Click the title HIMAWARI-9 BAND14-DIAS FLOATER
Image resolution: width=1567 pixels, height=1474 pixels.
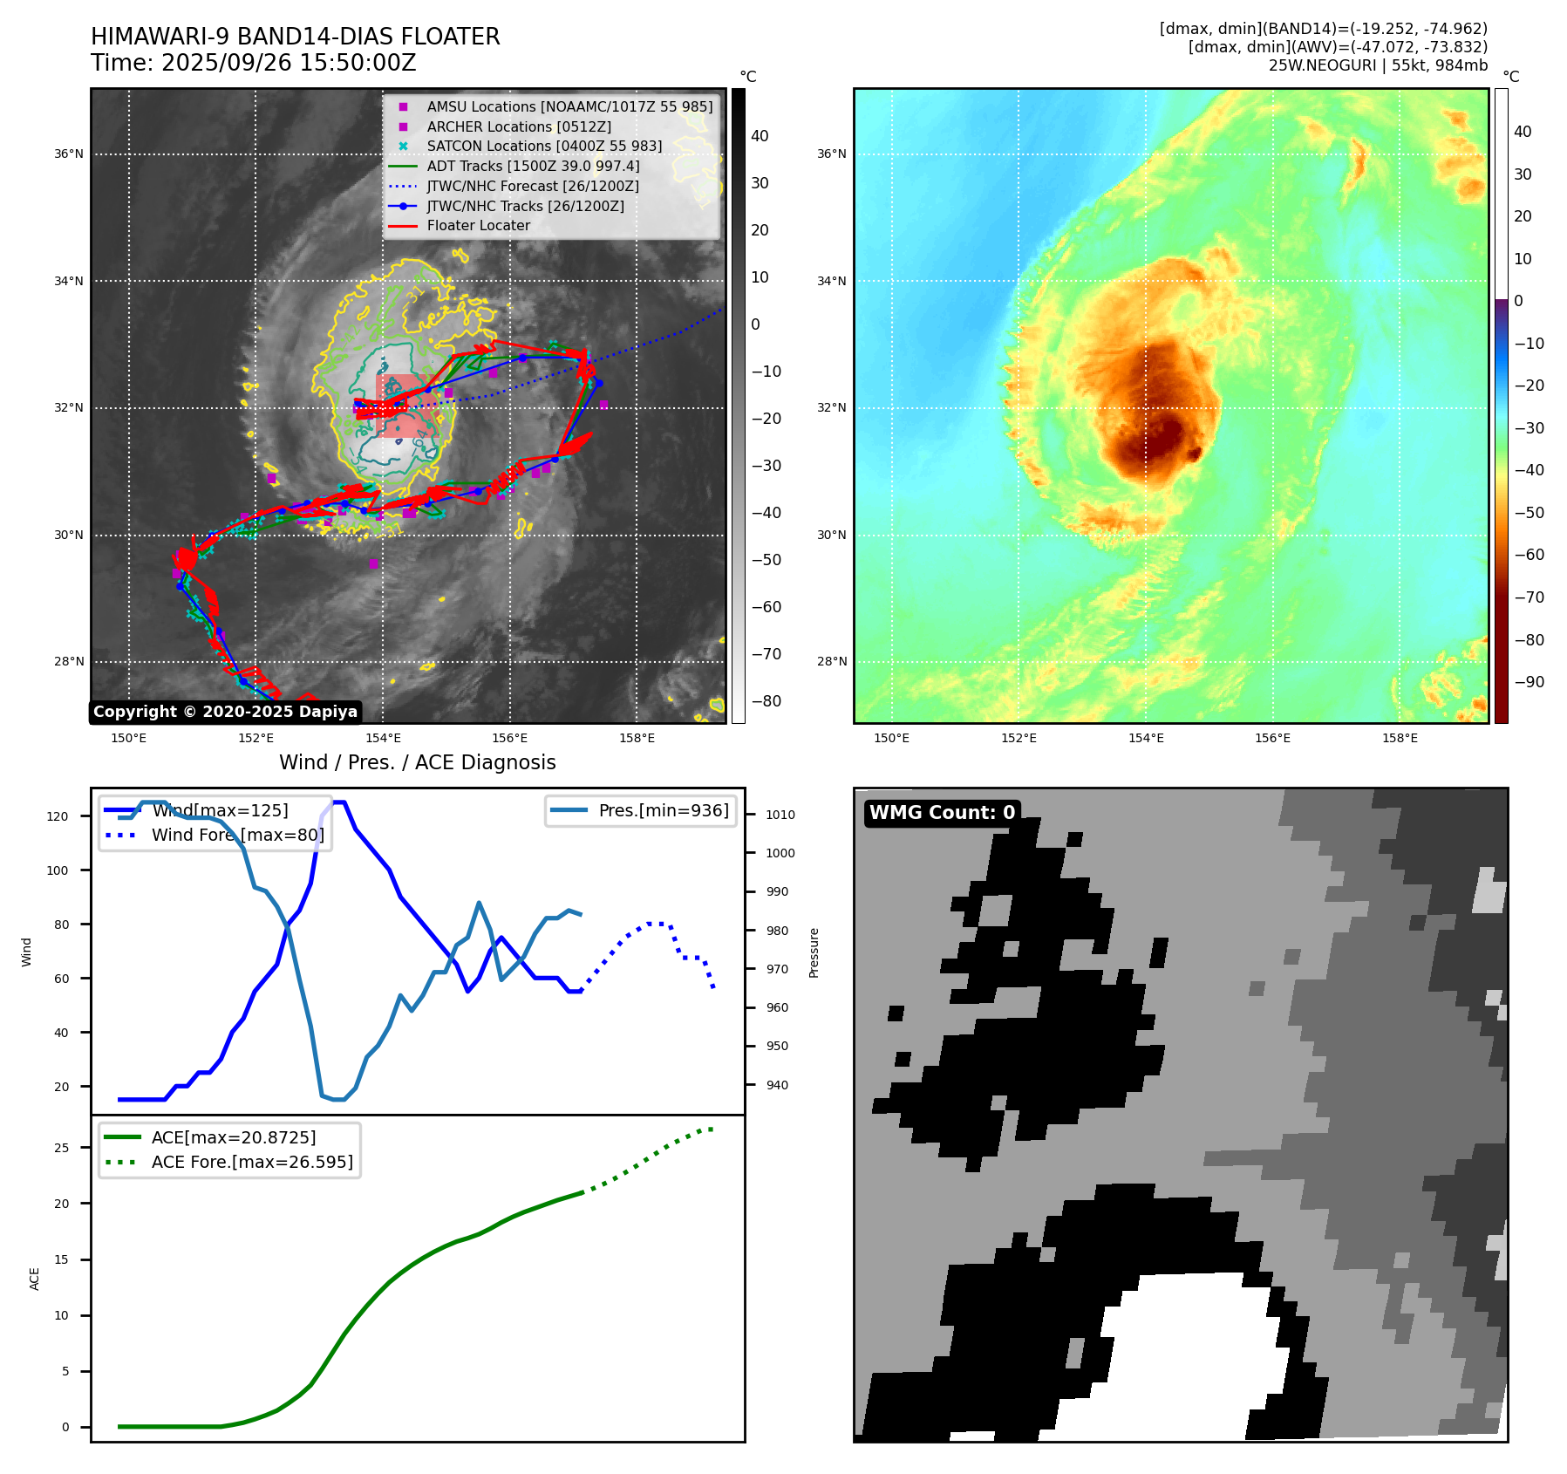point(295,37)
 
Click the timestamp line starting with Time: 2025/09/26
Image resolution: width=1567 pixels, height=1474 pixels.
point(253,63)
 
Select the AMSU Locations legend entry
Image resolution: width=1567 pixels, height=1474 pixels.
point(569,106)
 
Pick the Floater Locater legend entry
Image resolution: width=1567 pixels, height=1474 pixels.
point(478,225)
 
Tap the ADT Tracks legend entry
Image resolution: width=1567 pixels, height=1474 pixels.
point(533,166)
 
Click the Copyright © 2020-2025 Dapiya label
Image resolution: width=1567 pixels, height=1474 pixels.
point(225,712)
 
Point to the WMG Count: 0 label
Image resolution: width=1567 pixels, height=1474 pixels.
point(942,812)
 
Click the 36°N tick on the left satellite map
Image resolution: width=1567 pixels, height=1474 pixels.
point(69,154)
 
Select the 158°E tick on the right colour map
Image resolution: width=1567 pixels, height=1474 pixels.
point(1399,738)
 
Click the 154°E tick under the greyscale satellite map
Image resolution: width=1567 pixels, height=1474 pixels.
point(383,738)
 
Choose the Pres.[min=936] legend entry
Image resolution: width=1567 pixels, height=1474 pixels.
point(663,810)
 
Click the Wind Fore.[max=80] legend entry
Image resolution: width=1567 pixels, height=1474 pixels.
point(237,835)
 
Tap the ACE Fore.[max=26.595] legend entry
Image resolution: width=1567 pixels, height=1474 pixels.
point(252,1162)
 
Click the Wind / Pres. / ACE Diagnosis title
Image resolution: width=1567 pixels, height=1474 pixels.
point(417,762)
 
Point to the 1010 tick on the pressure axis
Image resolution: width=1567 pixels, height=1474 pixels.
point(780,815)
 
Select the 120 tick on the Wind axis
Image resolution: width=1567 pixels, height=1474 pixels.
point(58,816)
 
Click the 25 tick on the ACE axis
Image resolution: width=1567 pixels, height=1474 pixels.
point(61,1148)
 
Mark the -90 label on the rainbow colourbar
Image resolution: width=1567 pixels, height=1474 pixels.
point(1529,682)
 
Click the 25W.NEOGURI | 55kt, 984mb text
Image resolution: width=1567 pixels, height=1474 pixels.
point(1378,65)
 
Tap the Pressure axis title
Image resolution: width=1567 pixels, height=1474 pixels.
point(814,952)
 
